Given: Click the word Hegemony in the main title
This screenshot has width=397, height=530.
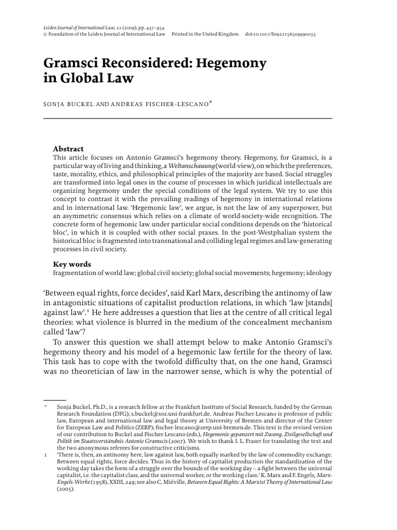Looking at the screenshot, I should coord(233,64).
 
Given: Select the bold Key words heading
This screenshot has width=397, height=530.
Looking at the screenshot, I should coord(72,264).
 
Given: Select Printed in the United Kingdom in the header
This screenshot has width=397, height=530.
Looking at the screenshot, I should coord(205,34).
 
